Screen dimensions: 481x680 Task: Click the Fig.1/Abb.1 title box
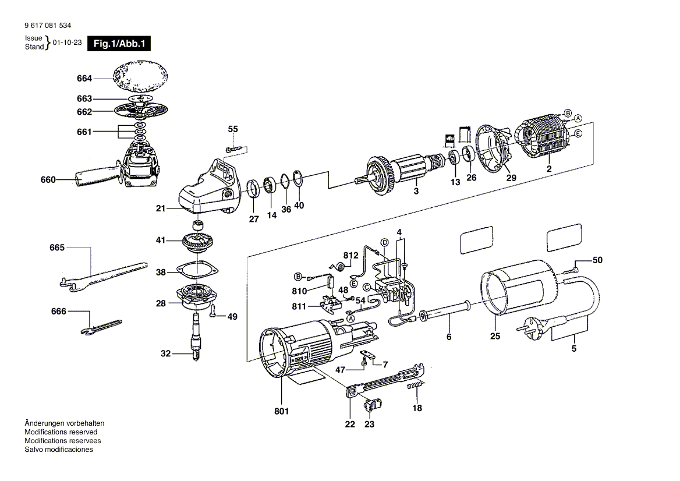119,44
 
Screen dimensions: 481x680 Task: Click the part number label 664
84,78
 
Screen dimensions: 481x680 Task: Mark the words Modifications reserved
61,432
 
